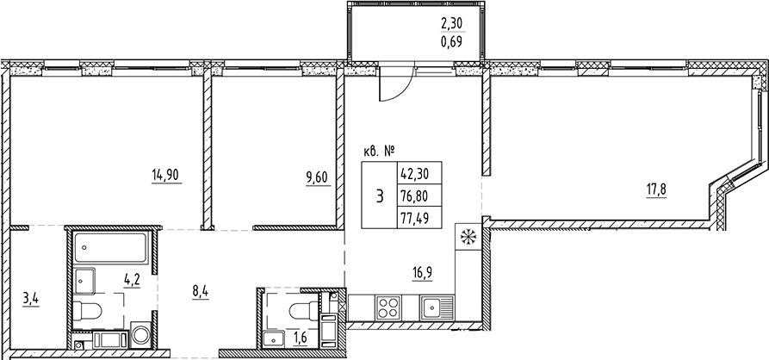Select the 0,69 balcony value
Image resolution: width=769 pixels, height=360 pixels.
click(453, 41)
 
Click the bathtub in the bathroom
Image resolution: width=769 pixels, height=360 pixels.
click(109, 248)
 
